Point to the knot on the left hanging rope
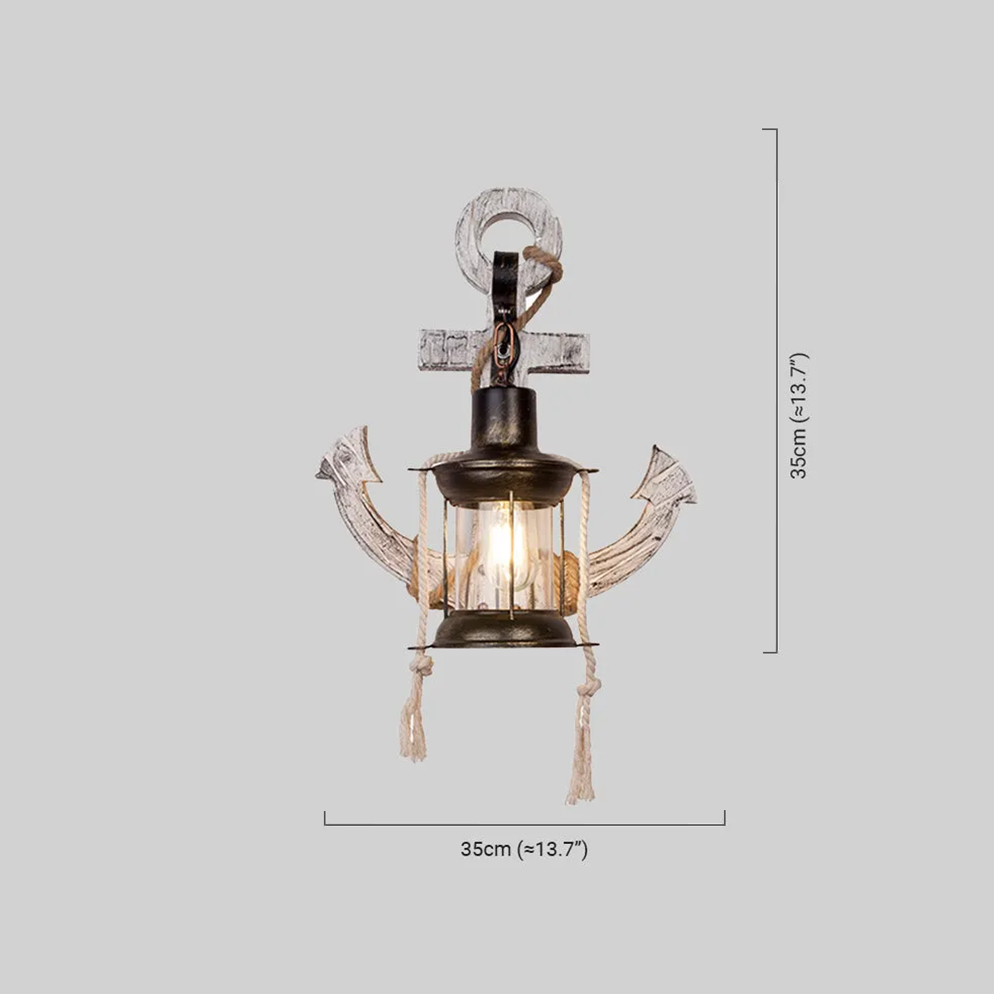421,668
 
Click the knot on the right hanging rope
587,688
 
